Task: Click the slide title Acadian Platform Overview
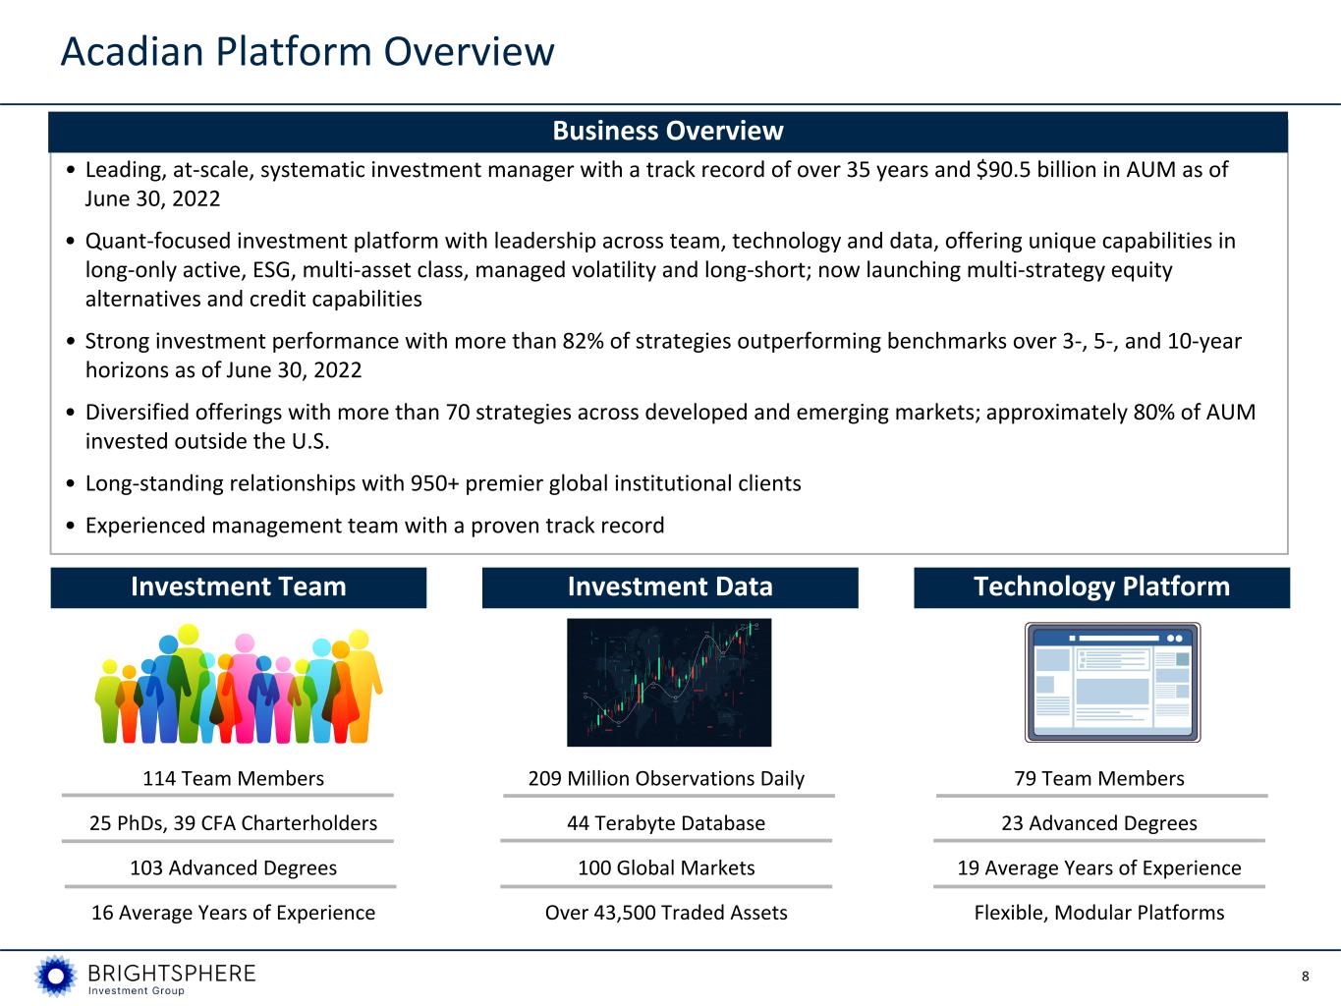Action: tap(307, 51)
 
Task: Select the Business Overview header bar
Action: tap(668, 132)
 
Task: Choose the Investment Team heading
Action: tap(239, 587)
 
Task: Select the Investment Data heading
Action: tap(670, 587)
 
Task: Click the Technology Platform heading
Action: tap(1101, 587)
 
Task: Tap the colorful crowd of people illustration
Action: tap(239, 684)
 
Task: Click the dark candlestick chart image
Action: tap(669, 682)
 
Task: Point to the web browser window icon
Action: tap(1112, 682)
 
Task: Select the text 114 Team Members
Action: tap(234, 779)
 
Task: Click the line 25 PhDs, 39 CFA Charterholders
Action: tap(234, 823)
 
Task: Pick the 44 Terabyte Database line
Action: tap(666, 823)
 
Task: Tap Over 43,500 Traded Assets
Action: tap(666, 913)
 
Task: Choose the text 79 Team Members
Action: tap(1099, 779)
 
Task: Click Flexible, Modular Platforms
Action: tap(1099, 913)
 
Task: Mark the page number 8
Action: tap(1305, 977)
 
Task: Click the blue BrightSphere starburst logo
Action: tap(56, 977)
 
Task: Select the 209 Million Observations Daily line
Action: tap(666, 779)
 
